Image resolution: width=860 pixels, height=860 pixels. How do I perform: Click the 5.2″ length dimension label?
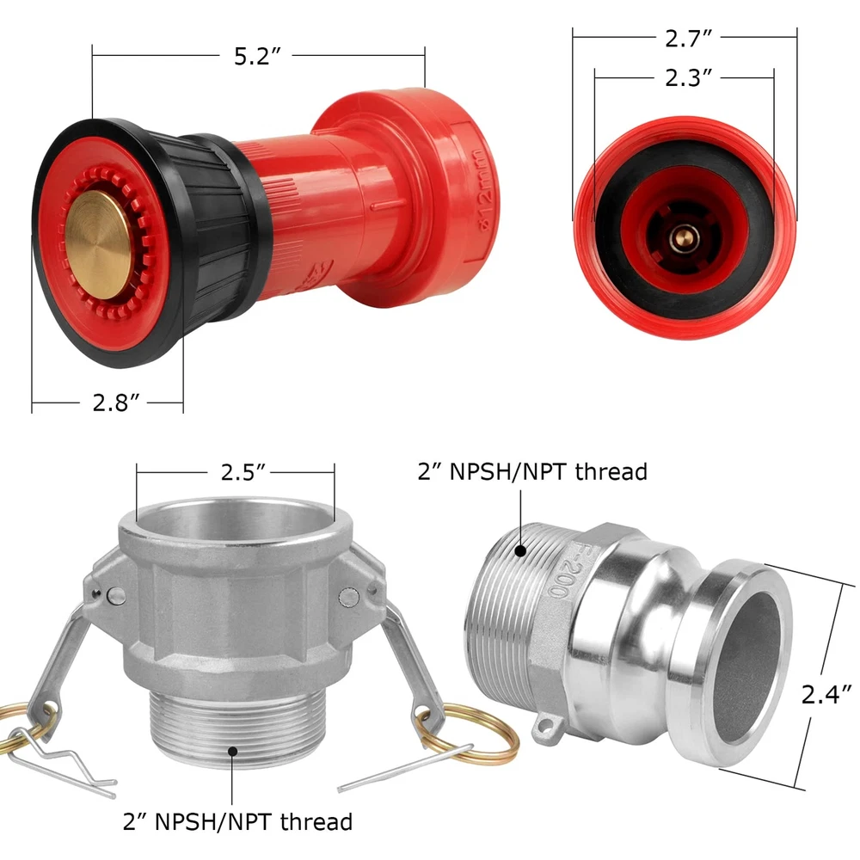click(257, 56)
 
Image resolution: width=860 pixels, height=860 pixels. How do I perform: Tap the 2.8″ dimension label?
click(116, 402)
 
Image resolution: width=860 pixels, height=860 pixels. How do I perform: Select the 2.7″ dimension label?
click(688, 39)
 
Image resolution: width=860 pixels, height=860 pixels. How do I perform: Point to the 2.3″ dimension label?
click(688, 78)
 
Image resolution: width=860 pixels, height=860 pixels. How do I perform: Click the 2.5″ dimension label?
click(243, 471)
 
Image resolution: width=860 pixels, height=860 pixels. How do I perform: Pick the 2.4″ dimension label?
click(826, 694)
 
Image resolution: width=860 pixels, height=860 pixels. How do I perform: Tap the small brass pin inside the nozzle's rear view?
click(683, 237)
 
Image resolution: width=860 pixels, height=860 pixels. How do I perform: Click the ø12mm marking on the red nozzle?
click(485, 189)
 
